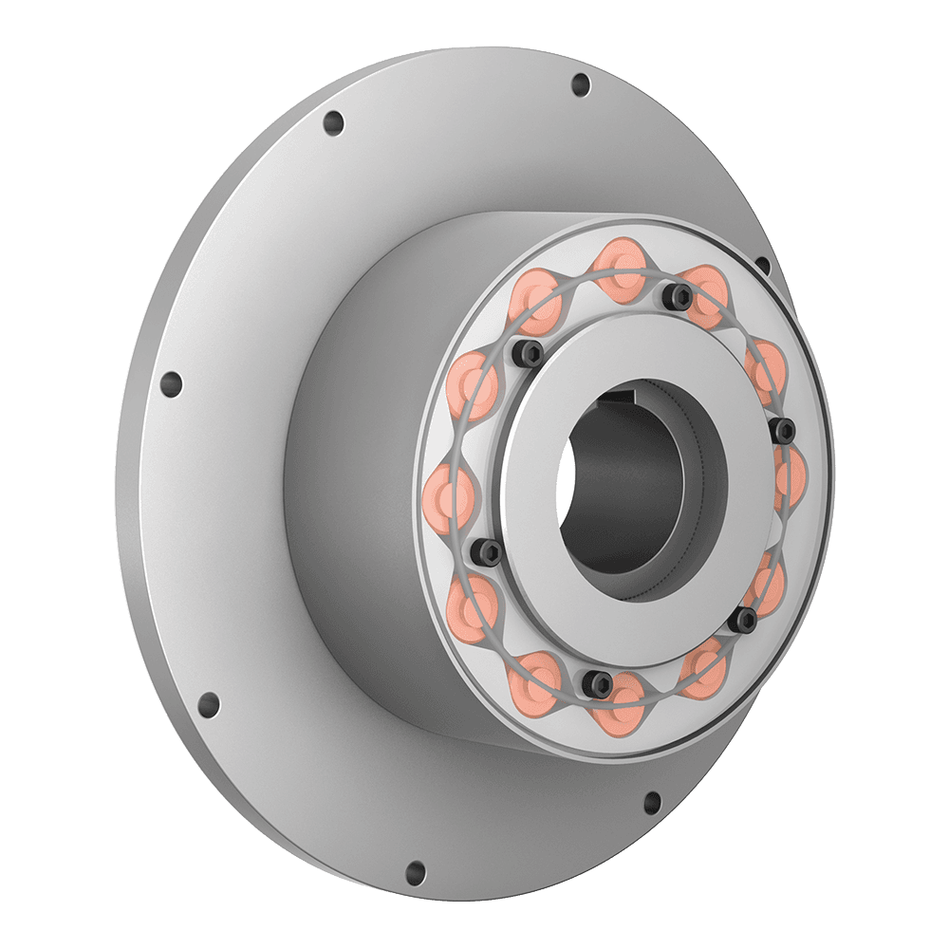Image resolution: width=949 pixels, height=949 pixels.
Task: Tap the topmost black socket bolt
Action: tap(678, 296)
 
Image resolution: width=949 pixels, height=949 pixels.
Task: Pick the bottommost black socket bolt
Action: tap(598, 680)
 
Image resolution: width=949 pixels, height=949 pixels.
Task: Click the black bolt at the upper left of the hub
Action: tap(530, 354)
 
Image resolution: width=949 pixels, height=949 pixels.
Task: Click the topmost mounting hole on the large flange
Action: tap(581, 85)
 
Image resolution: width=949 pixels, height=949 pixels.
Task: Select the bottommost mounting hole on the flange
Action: tap(416, 871)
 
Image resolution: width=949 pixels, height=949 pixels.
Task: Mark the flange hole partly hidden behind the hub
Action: tap(762, 265)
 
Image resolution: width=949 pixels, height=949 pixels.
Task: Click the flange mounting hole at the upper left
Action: tap(333, 123)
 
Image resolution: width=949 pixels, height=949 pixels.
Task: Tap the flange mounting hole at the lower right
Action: tap(652, 803)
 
